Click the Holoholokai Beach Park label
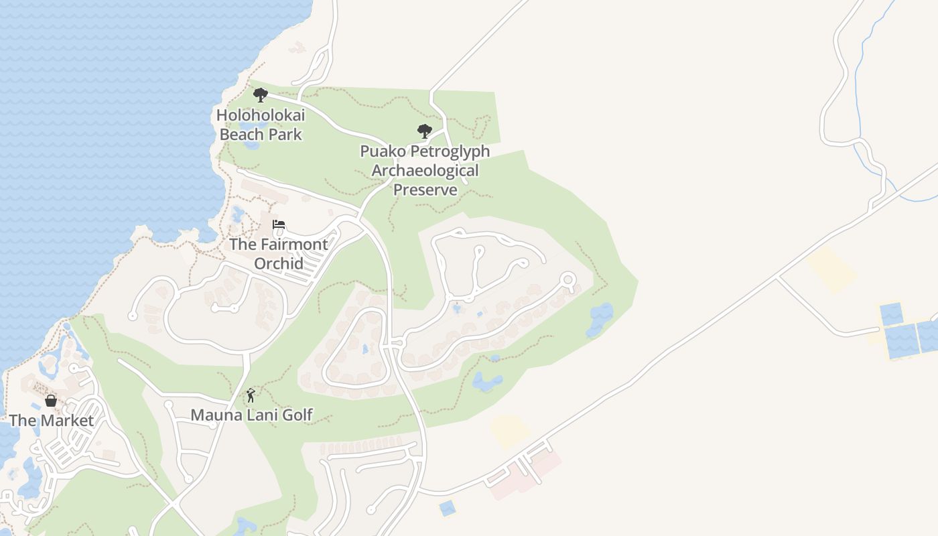[x=261, y=125]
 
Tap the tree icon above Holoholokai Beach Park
[x=260, y=95]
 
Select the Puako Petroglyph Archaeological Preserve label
[x=425, y=170]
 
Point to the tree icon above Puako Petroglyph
[x=424, y=131]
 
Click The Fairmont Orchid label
[x=279, y=253]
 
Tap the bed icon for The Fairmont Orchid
[x=279, y=224]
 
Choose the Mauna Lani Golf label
[x=251, y=415]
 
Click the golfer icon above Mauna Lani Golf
[x=251, y=395]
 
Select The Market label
[x=51, y=421]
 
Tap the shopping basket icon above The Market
[x=51, y=401]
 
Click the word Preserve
[x=425, y=190]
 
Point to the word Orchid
[x=279, y=263]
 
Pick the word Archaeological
[x=425, y=170]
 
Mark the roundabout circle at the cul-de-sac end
[x=568, y=279]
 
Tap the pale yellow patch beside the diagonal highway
[x=831, y=269]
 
